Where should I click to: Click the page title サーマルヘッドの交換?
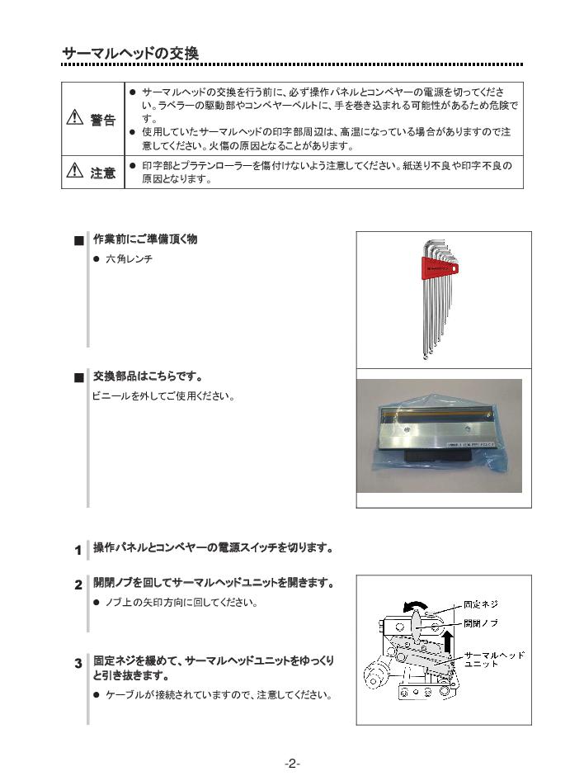(x=130, y=54)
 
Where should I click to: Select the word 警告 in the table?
(x=102, y=119)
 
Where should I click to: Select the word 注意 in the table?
(x=102, y=173)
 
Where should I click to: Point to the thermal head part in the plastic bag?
(x=436, y=433)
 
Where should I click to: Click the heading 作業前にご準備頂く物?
(x=145, y=239)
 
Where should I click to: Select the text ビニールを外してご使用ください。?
(x=163, y=396)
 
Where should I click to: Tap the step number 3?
(x=78, y=663)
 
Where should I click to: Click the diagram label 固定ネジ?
(x=480, y=605)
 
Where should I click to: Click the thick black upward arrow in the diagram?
(x=446, y=646)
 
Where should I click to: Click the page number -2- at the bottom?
(x=292, y=764)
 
